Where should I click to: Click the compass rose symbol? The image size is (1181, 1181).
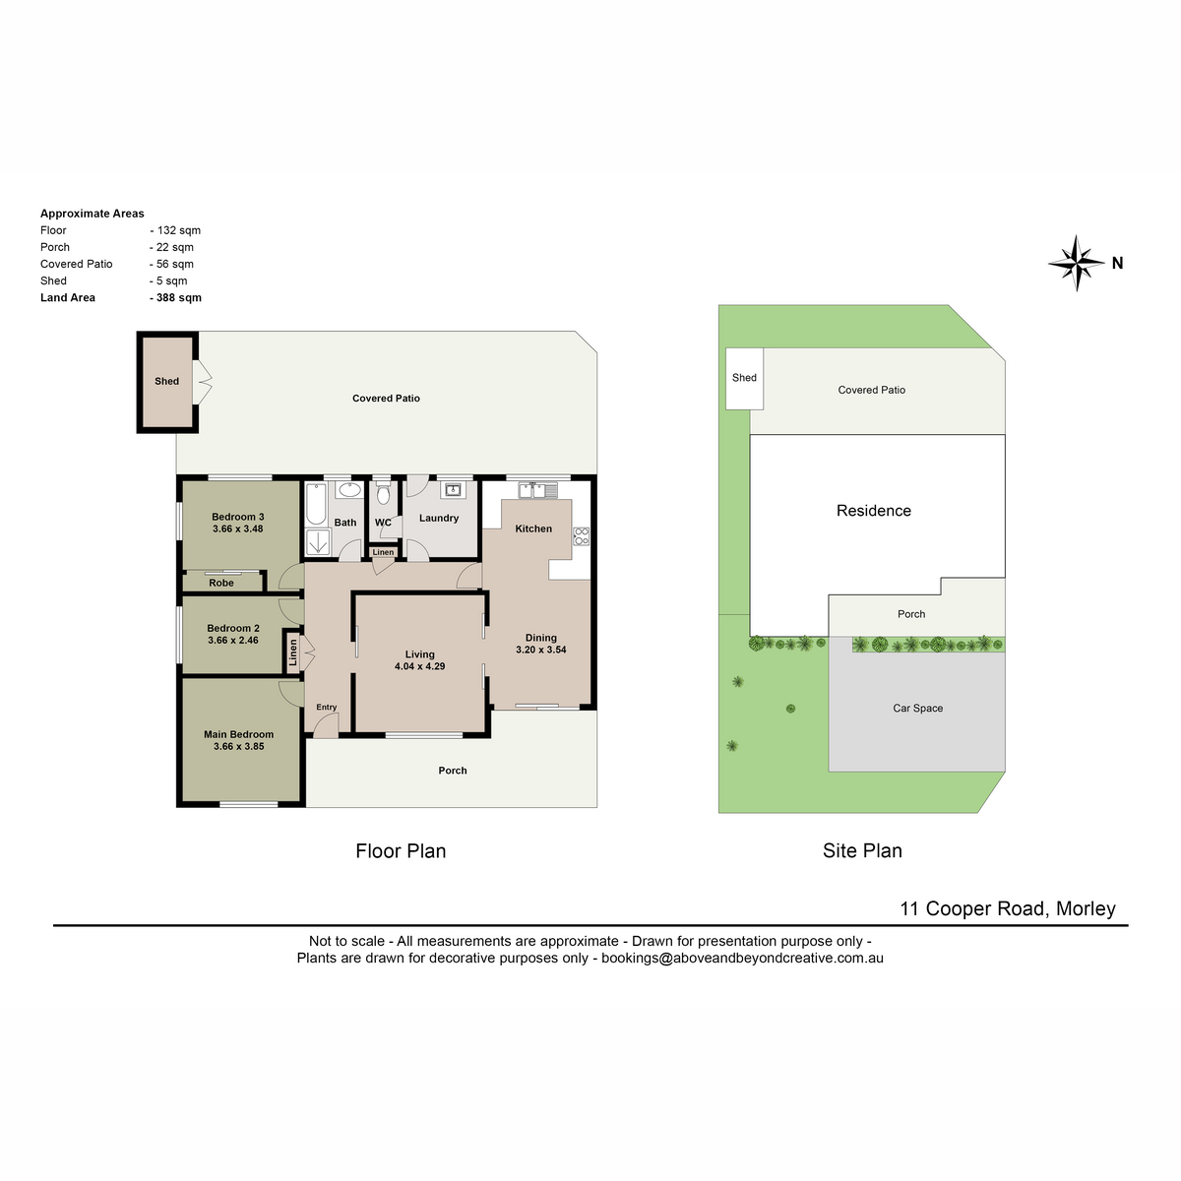click(x=1076, y=263)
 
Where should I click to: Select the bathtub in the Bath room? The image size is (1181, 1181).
click(x=316, y=504)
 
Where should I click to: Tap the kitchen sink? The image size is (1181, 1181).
click(x=537, y=490)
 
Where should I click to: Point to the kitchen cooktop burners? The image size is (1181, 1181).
click(x=581, y=536)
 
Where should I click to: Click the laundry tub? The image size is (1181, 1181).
click(x=453, y=490)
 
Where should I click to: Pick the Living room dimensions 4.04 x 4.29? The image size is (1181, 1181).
click(x=419, y=666)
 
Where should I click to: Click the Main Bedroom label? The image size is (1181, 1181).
click(x=238, y=734)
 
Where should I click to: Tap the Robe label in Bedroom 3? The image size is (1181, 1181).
click(x=221, y=583)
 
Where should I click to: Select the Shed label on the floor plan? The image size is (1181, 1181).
click(x=166, y=381)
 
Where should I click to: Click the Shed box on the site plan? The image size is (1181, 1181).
click(x=744, y=378)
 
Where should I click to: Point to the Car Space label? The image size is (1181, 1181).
click(x=917, y=708)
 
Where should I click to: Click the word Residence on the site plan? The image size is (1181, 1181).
click(x=873, y=511)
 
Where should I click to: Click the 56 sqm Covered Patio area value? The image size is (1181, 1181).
click(x=171, y=264)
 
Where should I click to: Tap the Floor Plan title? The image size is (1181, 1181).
click(x=401, y=850)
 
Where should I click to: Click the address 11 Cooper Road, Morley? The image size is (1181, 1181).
click(x=1008, y=908)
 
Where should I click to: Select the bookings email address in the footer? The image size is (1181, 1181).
click(x=742, y=958)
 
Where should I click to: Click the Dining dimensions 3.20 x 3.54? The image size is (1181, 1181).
click(x=540, y=650)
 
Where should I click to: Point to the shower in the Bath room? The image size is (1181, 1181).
click(x=318, y=541)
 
